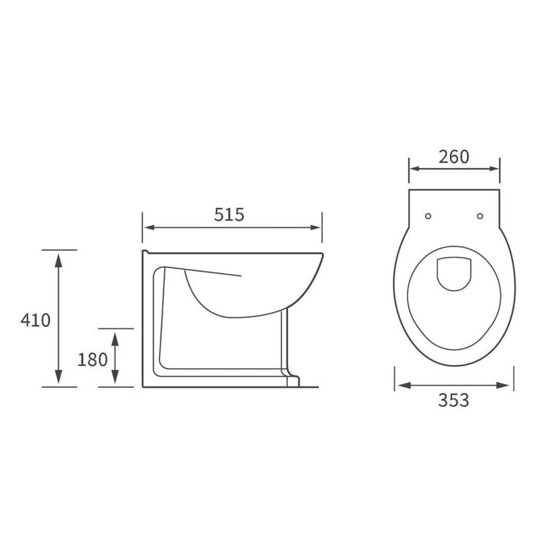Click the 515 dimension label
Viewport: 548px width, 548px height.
[229, 215]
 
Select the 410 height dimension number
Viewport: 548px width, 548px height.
[36, 320]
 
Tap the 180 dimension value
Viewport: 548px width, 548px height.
[92, 360]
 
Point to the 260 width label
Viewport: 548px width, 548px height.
[454, 157]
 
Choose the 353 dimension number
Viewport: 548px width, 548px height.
[454, 400]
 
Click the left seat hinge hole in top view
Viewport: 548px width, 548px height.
[428, 216]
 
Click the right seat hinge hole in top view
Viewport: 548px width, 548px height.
[480, 216]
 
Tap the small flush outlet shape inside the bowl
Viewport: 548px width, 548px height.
[454, 273]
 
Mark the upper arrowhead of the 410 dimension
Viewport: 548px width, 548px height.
[59, 258]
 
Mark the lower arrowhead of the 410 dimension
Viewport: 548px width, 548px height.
[59, 378]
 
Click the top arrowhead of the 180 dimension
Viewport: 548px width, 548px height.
[115, 336]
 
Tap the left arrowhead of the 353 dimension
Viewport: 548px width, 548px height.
[402, 386]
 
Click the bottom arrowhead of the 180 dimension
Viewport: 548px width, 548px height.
[115, 378]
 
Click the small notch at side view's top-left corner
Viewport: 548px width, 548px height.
[145, 252]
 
